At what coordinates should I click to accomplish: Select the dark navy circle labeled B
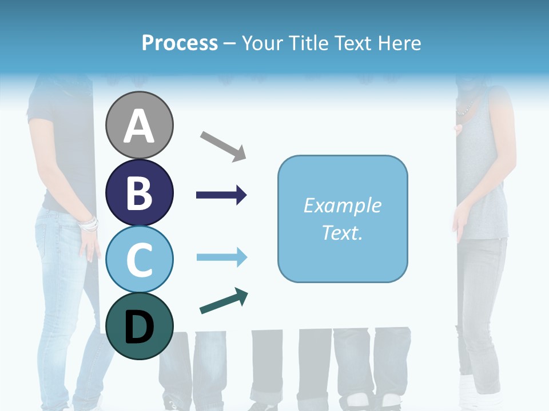point(140,192)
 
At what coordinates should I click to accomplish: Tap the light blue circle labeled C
point(140,259)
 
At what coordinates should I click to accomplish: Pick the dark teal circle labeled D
point(140,326)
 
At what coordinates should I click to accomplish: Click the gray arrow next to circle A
point(223,146)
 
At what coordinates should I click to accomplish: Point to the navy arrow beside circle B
point(221,195)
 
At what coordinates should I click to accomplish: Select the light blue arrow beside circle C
point(221,257)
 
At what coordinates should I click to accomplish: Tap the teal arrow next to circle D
point(224,301)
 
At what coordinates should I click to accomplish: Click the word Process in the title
point(180,43)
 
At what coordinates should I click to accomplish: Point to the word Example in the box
point(342,205)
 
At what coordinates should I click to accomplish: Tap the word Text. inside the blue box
point(342,233)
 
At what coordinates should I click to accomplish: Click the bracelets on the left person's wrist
point(89,224)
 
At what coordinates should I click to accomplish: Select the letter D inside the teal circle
point(140,327)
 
